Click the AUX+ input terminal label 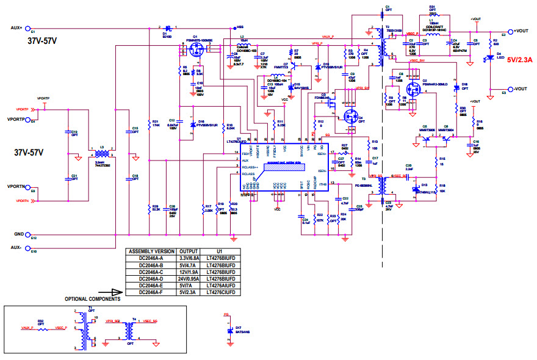16,28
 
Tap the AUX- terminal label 16,248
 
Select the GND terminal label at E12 18,234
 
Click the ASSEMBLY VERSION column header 150,251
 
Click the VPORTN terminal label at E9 16,187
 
